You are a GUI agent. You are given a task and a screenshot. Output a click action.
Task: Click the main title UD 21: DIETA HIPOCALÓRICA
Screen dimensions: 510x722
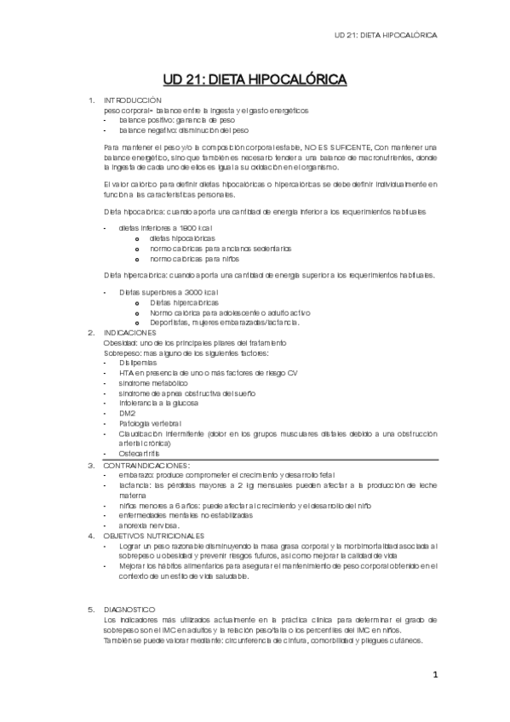255,80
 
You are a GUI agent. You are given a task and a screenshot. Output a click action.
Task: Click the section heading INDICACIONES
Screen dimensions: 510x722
134,332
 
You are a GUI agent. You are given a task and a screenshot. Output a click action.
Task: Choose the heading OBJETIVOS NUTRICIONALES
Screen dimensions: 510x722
153,536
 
